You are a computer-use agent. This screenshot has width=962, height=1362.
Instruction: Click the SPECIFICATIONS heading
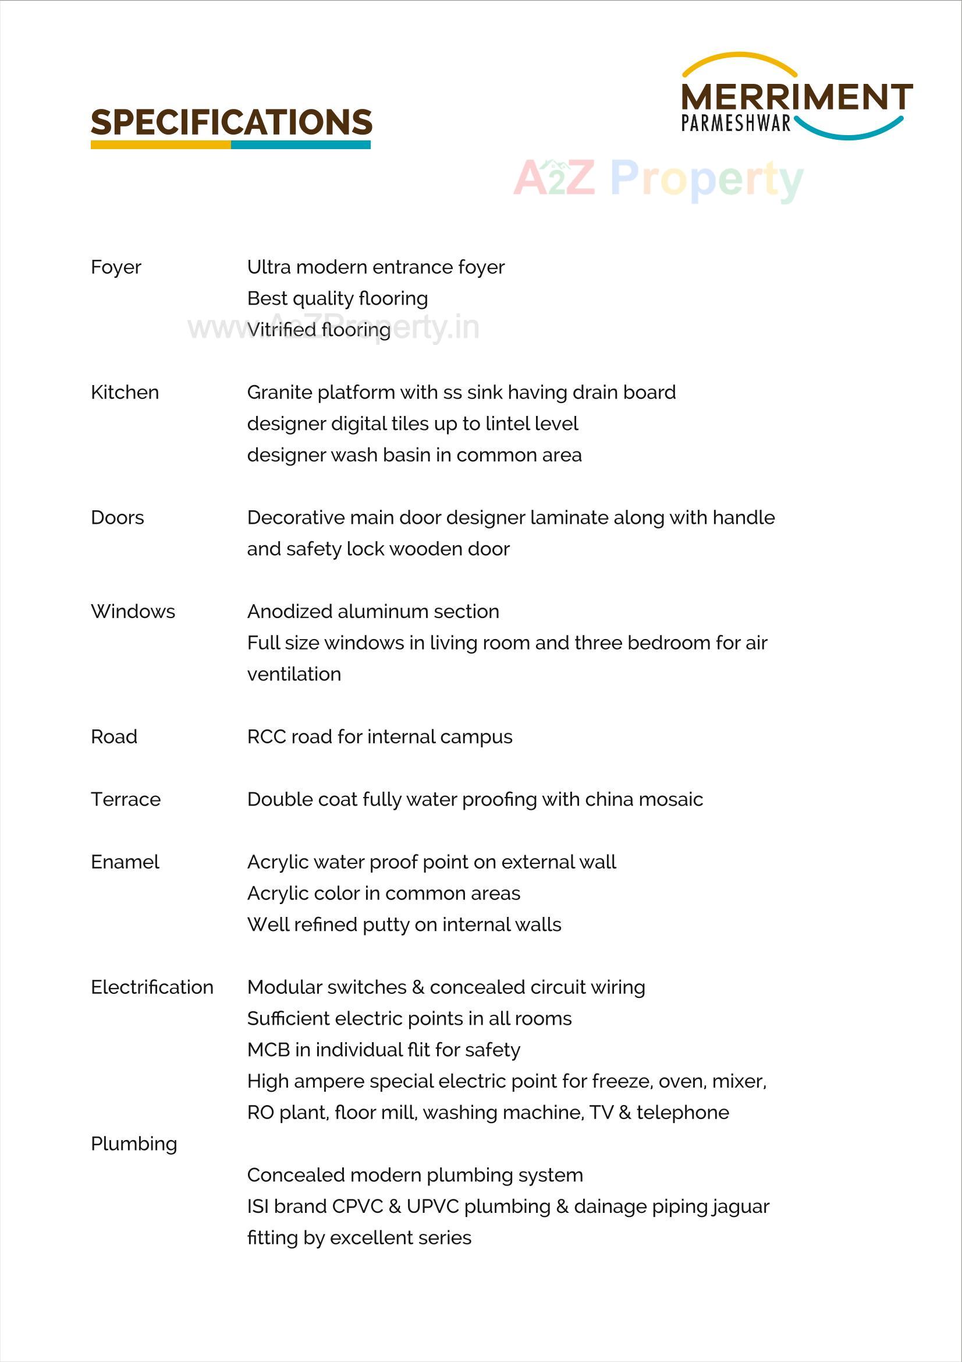click(x=231, y=122)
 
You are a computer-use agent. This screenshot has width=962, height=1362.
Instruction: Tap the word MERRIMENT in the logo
click(x=796, y=97)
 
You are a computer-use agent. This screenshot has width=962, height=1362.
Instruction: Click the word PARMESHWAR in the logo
click(x=736, y=124)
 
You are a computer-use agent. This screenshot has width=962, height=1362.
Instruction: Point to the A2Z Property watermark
click(x=658, y=178)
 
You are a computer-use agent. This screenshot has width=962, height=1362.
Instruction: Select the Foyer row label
click(x=116, y=267)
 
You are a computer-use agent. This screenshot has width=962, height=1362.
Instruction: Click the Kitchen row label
click(x=125, y=393)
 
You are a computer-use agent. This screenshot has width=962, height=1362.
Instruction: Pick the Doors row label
click(x=118, y=518)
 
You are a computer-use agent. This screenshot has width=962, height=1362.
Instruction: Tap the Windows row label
click(x=133, y=612)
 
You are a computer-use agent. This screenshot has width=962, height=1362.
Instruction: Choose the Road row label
click(x=114, y=737)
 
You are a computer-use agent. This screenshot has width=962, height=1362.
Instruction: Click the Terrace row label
click(x=126, y=800)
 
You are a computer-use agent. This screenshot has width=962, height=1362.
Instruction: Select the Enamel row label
click(x=125, y=862)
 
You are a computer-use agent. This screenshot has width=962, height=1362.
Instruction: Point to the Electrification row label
click(x=152, y=987)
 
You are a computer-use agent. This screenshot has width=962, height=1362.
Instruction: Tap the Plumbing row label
click(x=134, y=1144)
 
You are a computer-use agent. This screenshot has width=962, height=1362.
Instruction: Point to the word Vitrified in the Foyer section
click(x=281, y=330)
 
